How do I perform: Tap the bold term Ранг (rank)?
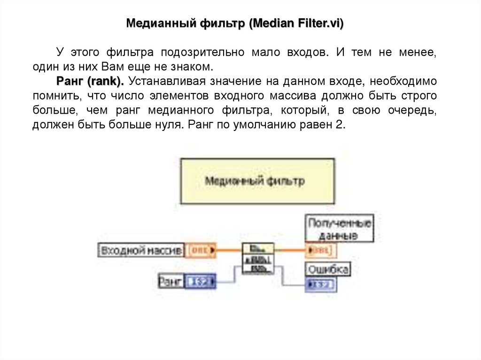(90, 81)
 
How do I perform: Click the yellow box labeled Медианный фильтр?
(257, 181)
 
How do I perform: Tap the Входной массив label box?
(141, 250)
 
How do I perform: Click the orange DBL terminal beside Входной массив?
(201, 250)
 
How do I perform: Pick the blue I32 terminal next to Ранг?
(200, 282)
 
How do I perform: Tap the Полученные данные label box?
(340, 228)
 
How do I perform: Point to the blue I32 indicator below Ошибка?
(320, 284)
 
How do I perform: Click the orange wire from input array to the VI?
(229, 250)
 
